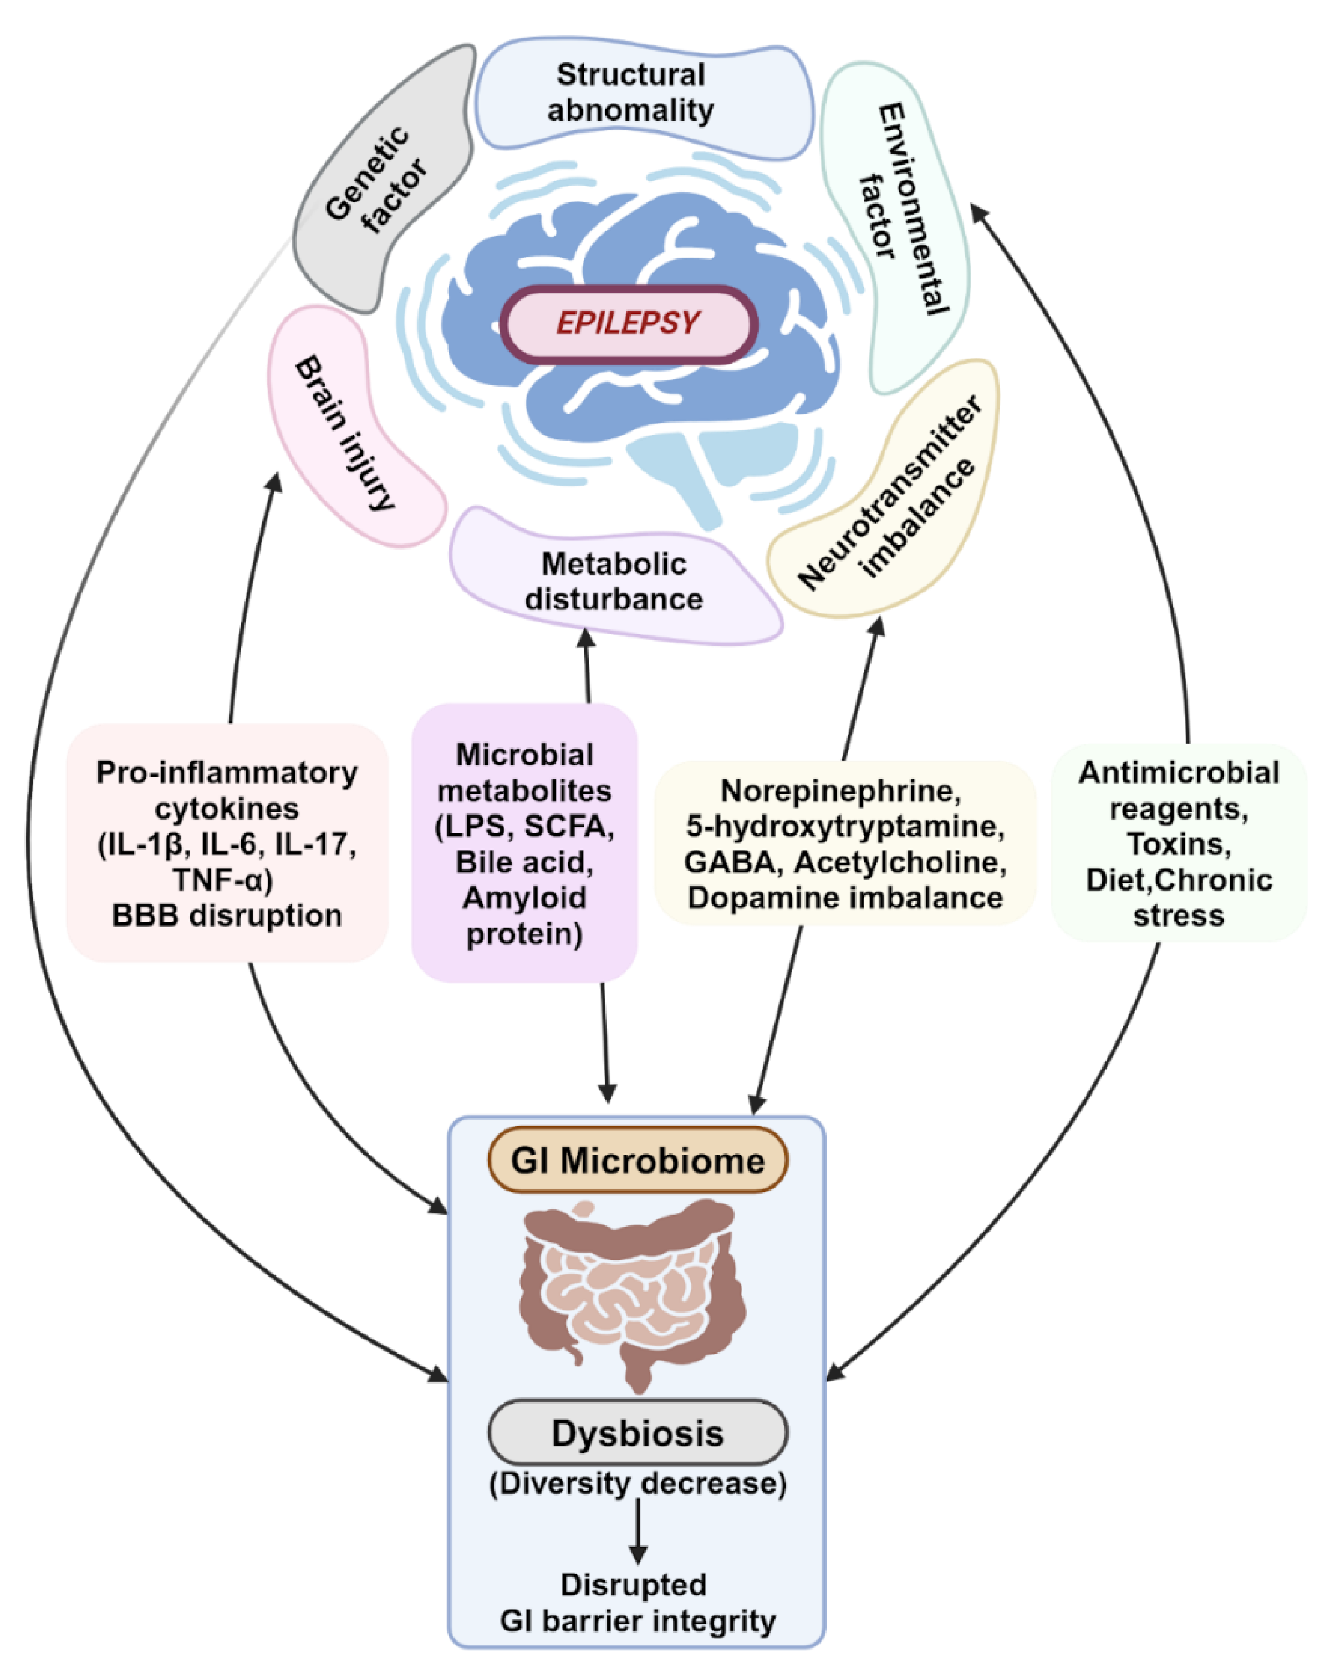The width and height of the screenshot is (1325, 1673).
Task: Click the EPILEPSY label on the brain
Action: point(628,323)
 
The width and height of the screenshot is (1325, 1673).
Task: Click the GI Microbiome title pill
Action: point(638,1160)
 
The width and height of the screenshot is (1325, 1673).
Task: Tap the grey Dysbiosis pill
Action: point(638,1432)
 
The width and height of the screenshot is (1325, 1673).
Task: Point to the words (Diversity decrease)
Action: point(638,1483)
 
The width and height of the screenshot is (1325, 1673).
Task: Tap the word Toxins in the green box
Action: point(1179,843)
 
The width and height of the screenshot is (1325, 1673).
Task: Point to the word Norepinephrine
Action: point(840,791)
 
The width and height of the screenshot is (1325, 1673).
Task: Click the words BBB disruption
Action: point(227,916)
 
